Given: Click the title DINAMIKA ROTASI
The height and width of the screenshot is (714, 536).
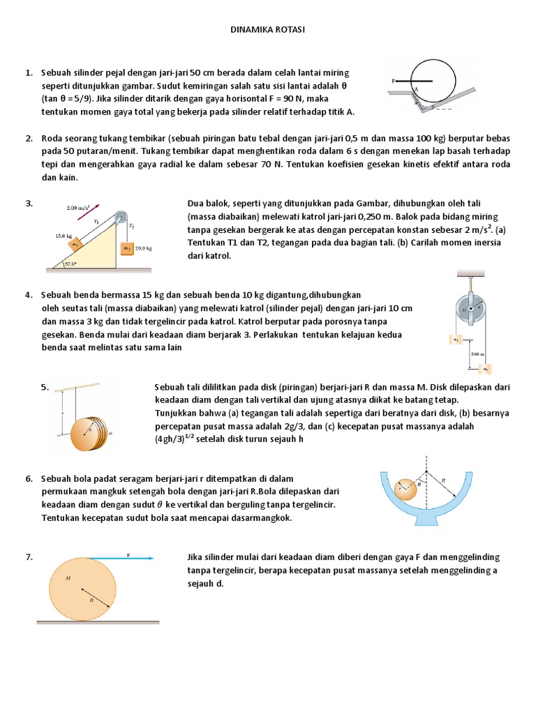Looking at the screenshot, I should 268,30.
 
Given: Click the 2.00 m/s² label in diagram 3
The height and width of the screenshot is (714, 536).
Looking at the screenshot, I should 79,207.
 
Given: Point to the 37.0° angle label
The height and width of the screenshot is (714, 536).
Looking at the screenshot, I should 71,264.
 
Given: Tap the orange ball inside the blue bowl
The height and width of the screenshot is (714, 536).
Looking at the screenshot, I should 405,489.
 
